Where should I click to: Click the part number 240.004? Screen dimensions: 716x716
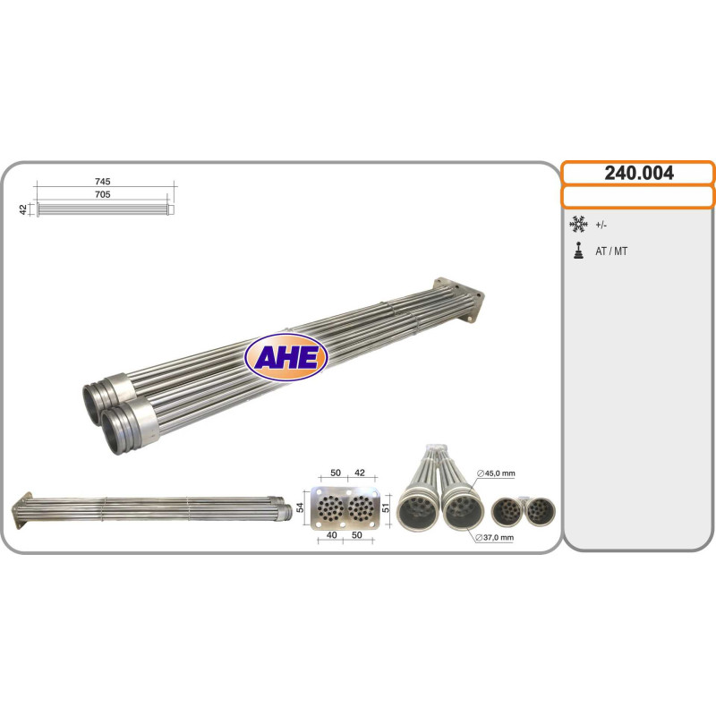pos(639,173)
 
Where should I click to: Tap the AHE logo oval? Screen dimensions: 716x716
pos(286,357)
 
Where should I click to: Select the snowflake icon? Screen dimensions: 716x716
pos(578,225)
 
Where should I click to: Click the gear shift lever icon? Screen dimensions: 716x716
pos(578,251)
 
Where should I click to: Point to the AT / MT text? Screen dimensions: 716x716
pos(611,251)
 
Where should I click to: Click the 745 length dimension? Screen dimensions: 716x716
pos(103,182)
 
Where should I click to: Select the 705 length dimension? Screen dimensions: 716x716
pos(103,194)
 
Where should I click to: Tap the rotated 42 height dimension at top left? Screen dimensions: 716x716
pos(23,209)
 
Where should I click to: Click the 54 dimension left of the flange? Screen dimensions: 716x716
pos(300,507)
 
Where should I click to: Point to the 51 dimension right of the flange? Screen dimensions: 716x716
pos(386,507)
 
